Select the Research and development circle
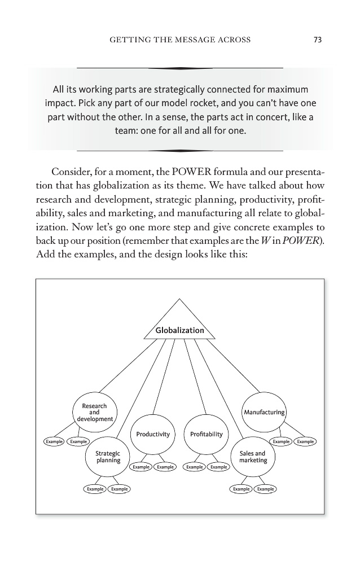pyautogui.click(x=94, y=413)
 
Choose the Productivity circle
pyautogui.click(x=152, y=434)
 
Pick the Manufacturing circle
pyautogui.click(x=264, y=413)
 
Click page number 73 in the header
pyautogui.click(x=317, y=40)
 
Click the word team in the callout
pyautogui.click(x=128, y=131)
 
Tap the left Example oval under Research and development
pyautogui.click(x=54, y=441)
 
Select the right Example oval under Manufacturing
pyautogui.click(x=305, y=441)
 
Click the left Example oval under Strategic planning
pyautogui.click(x=95, y=489)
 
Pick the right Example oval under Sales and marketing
pyautogui.click(x=266, y=489)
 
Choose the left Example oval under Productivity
pyautogui.click(x=141, y=467)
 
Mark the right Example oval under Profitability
pyautogui.click(x=218, y=467)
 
